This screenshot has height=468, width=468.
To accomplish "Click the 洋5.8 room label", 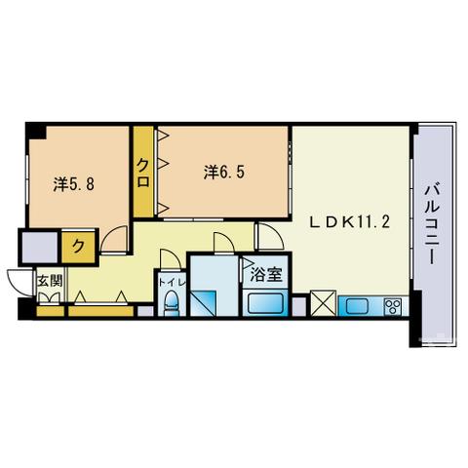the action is click(x=74, y=184).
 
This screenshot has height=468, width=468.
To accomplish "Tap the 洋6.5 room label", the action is click(x=224, y=172).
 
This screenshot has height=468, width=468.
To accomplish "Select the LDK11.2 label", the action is click(x=349, y=222).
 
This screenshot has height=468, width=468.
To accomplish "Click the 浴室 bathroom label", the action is click(x=266, y=275).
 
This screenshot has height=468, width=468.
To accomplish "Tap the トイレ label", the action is click(x=172, y=283).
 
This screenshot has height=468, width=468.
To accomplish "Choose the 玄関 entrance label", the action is click(x=50, y=281).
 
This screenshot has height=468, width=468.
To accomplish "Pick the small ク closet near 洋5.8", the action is click(x=78, y=247).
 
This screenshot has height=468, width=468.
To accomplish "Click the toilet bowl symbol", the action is click(x=171, y=302).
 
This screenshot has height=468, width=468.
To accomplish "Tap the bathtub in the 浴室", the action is click(x=265, y=303).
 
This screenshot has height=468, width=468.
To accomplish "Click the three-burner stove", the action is click(x=393, y=306).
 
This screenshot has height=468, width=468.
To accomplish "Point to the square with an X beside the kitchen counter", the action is click(x=323, y=303).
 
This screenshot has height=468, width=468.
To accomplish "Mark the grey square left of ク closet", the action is click(x=39, y=247).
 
